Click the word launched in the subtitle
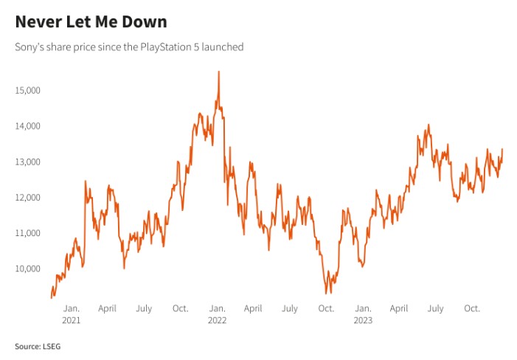click(x=223, y=46)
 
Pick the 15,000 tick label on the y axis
click(x=28, y=90)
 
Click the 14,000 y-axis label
click(x=28, y=126)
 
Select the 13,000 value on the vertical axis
click(x=28, y=162)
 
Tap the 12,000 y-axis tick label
click(x=28, y=197)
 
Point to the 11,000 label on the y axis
click(x=28, y=233)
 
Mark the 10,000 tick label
click(x=28, y=269)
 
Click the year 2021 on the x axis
click(x=72, y=320)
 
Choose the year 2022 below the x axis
click(x=217, y=320)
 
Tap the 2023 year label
click(x=363, y=320)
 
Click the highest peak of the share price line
click(x=218, y=72)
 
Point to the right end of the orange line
click(x=502, y=149)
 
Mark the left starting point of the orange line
click(x=51, y=297)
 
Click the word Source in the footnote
click(x=27, y=345)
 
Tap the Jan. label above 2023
click(x=363, y=308)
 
